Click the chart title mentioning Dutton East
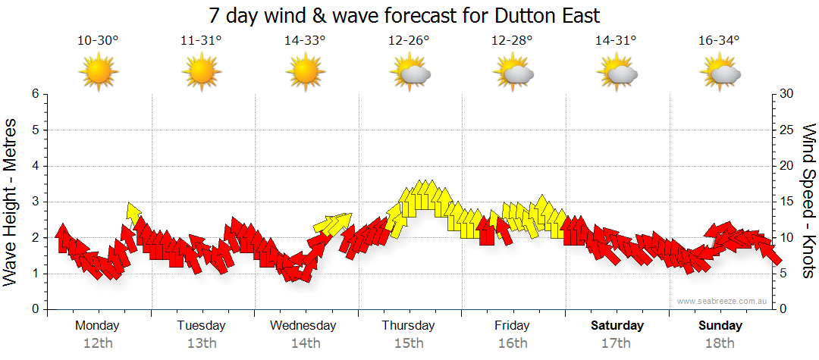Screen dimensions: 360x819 pos(409,15)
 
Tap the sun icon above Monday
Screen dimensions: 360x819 pos(98,74)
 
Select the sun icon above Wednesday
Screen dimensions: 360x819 pos(305,74)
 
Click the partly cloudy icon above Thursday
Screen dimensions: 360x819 pos(409,74)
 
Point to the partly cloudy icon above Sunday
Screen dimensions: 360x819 pos(720,74)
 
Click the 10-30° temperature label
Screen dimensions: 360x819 pos(98,41)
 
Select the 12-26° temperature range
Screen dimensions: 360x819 pos(409,41)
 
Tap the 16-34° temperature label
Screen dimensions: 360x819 pos(720,41)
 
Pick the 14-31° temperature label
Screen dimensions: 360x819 pos(616,41)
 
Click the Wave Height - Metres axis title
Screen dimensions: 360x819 pos(12,202)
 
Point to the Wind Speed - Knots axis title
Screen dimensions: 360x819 pos(808,202)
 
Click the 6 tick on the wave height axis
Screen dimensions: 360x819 pos(34,94)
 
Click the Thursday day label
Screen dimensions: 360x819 pos(409,326)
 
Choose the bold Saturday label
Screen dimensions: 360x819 pos(617,326)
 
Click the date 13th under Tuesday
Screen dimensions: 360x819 pos(202,343)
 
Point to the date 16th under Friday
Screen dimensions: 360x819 pos(513,343)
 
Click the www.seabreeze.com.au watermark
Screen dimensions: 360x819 pos(723,301)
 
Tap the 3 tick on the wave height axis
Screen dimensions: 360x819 pos(34,202)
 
